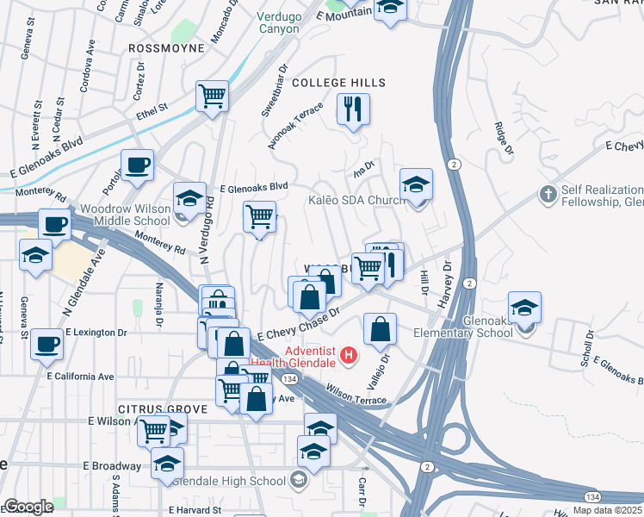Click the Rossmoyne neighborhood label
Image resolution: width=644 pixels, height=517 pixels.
pos(167,48)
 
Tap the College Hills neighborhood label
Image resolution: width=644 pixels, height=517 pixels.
pos(338,83)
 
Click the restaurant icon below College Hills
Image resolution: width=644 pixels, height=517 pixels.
pos(353,109)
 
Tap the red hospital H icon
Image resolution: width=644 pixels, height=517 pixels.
pos(348,354)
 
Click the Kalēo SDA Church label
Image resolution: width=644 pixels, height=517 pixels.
pos(356,200)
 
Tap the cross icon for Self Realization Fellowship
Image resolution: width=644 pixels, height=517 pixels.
pos(548,194)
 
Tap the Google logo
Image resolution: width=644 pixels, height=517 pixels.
pos(28,506)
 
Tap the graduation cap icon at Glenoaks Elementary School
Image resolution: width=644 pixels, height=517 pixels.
pos(524,307)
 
